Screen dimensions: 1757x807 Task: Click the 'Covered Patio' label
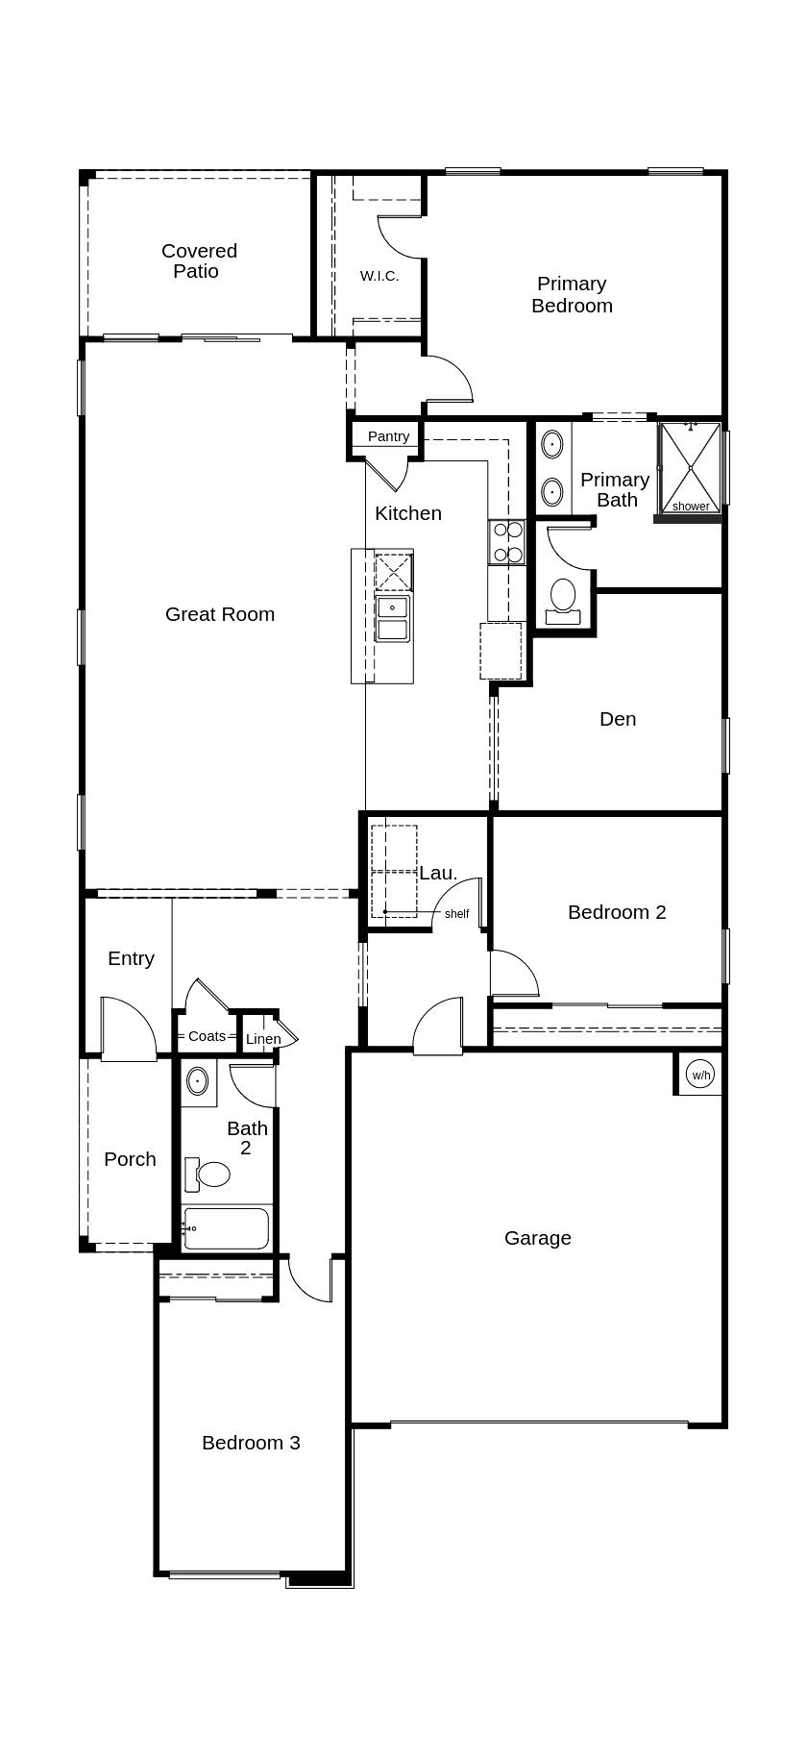click(x=199, y=260)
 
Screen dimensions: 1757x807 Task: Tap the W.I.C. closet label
click(x=379, y=276)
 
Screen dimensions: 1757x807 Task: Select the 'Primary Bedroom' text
click(x=572, y=294)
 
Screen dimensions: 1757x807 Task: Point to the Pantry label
click(x=388, y=436)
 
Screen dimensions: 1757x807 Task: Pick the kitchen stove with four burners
click(x=506, y=542)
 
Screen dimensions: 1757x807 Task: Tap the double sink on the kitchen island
click(x=393, y=618)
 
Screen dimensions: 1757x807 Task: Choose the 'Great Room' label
click(x=220, y=614)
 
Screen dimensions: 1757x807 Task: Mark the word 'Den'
click(x=618, y=719)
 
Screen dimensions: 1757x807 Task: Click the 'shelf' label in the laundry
click(x=456, y=914)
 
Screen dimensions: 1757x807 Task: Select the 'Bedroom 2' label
click(x=617, y=912)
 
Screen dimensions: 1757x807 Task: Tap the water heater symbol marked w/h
click(x=701, y=1075)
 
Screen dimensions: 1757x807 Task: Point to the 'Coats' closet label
click(x=207, y=1036)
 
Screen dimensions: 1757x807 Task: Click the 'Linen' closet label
click(x=263, y=1039)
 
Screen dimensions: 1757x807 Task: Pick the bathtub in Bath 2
click(x=226, y=1228)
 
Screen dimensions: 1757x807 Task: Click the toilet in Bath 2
click(x=209, y=1174)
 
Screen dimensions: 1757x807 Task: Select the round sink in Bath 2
click(x=197, y=1081)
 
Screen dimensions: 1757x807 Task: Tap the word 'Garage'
click(x=538, y=1238)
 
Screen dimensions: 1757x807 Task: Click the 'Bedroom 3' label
click(x=251, y=1443)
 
